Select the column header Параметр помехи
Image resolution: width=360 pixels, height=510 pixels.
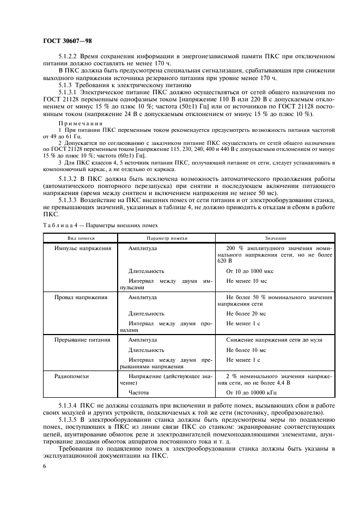[x=167, y=238]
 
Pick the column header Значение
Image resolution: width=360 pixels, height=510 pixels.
[x=276, y=238]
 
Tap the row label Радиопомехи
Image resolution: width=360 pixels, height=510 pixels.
[x=71, y=376]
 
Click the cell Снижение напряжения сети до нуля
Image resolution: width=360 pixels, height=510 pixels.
[x=274, y=339]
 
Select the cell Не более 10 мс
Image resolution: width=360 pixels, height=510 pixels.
[x=246, y=350]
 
